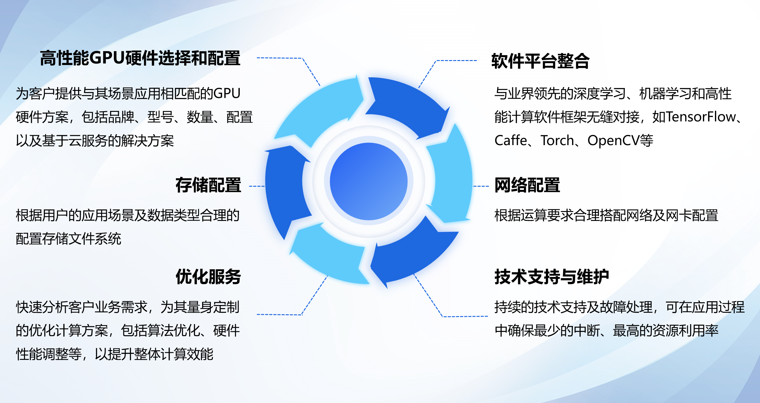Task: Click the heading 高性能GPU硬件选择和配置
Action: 140,58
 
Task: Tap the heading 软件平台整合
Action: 540,61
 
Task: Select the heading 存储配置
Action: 208,185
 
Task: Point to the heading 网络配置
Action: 527,185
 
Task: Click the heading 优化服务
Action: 208,276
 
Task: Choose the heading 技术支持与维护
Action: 552,276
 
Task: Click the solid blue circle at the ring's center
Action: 369,181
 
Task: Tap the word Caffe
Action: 511,140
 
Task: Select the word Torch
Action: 557,140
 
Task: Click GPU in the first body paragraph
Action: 227,93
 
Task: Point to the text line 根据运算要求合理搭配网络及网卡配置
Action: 606,215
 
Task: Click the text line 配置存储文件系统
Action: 69,239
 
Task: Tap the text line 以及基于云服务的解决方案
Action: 95,141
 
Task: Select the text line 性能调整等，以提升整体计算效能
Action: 115,354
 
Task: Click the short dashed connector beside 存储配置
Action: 257,186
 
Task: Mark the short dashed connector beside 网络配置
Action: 481,186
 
